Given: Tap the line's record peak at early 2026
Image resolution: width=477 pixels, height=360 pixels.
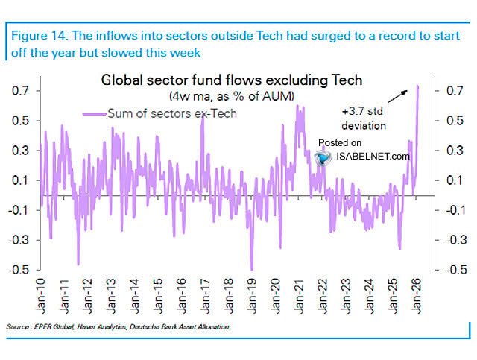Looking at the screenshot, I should (417, 86).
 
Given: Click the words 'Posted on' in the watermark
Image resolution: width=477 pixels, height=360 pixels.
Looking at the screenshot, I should (340, 142).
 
